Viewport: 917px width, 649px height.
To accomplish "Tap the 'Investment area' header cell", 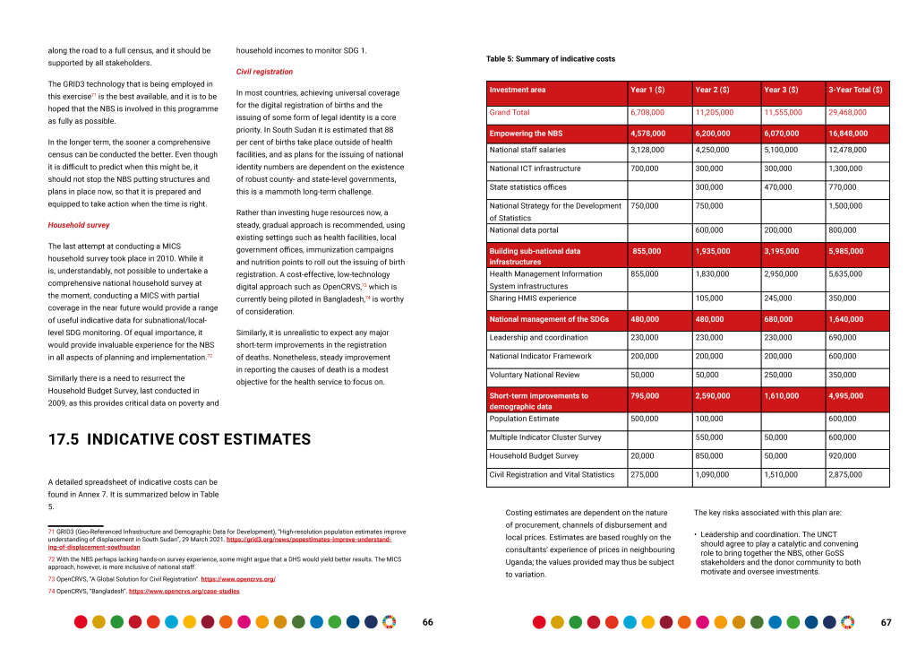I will pos(518,90).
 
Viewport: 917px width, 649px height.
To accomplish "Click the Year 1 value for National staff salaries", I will pos(647,150).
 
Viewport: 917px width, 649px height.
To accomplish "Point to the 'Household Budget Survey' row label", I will pos(534,456).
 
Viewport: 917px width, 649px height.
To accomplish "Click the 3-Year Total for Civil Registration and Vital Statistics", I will pos(847,474).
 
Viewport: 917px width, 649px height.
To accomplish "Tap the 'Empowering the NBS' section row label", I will pos(526,134).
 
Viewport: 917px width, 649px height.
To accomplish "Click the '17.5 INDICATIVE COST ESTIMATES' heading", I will pos(179,439).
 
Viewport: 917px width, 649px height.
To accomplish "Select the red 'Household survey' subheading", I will pos(79,225).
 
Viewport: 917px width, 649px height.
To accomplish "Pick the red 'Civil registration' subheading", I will pos(264,72).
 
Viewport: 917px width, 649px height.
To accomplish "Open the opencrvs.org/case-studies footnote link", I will pos(184,592).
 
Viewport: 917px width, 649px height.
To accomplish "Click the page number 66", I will pos(428,622).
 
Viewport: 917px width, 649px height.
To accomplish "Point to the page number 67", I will pos(887,622).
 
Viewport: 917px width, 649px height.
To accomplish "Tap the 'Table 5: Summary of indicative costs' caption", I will pos(550,59).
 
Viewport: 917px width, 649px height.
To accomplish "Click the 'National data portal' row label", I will pos(524,230).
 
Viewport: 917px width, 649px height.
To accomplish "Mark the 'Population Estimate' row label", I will pos(525,419).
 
